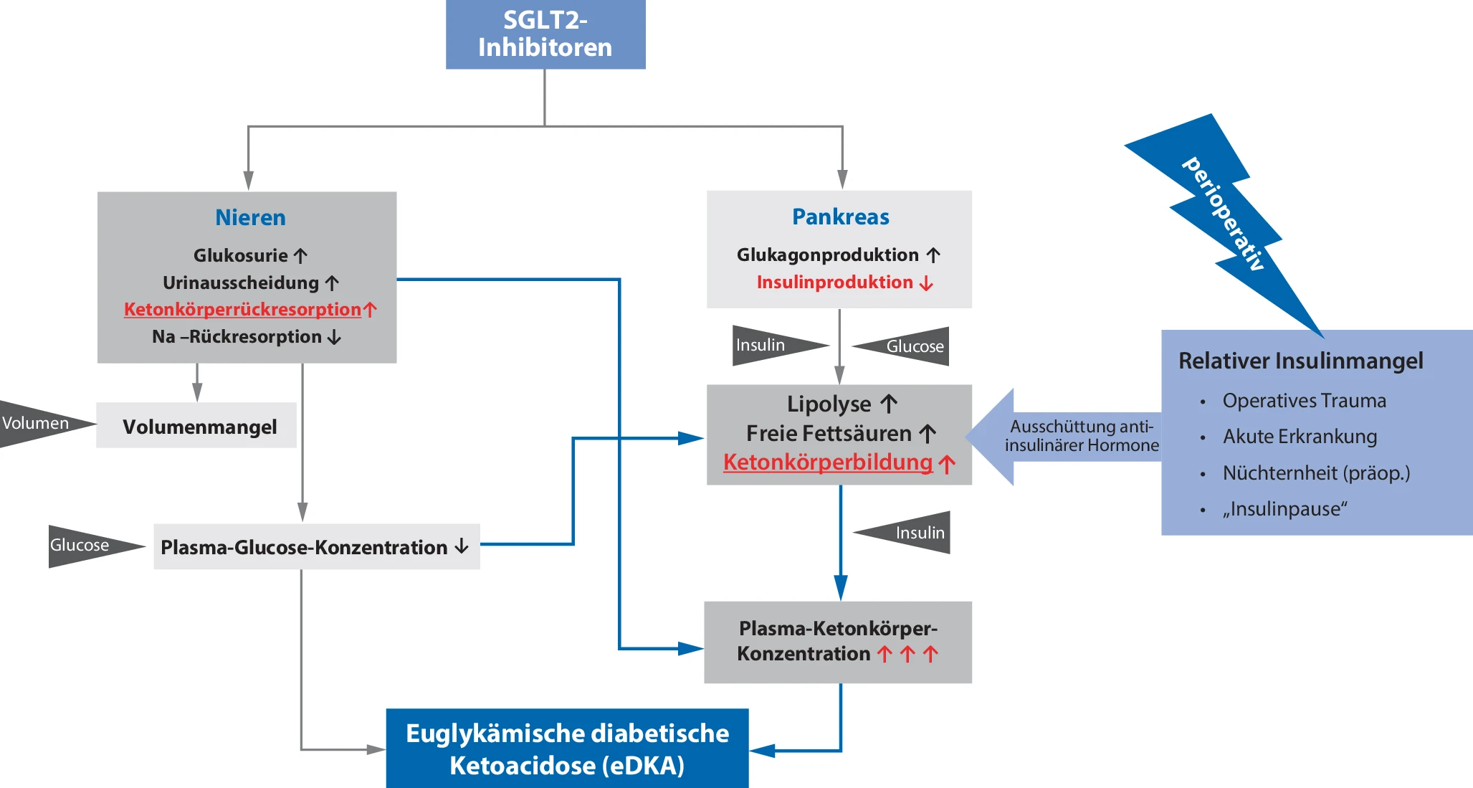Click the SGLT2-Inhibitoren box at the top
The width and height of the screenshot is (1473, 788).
(545, 34)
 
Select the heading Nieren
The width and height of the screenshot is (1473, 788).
(250, 217)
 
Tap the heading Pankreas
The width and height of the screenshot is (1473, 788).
(840, 217)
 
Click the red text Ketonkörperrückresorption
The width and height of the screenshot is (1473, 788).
(242, 309)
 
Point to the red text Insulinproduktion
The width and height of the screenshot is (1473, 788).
(835, 282)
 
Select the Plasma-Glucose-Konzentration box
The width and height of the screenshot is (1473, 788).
(316, 547)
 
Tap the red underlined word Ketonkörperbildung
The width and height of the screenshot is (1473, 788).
(828, 462)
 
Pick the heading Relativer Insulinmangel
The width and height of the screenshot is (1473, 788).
(1300, 361)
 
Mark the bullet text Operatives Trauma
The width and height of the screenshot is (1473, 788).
(1304, 400)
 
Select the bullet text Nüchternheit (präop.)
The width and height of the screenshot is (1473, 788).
(1316, 473)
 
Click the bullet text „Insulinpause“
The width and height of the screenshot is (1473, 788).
(1284, 509)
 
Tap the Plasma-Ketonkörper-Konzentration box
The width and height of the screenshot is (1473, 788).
(838, 642)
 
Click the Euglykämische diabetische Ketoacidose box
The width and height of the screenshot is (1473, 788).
(567, 749)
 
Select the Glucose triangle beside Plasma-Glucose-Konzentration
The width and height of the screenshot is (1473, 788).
(83, 546)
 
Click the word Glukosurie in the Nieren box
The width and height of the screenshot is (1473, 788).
(241, 255)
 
